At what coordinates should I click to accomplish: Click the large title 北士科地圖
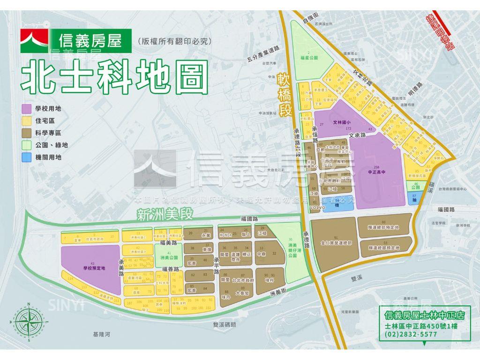click(115, 77)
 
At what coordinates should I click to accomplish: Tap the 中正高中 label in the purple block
click(376, 172)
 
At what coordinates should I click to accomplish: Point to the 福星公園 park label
click(308, 58)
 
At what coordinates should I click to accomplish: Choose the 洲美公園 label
click(169, 258)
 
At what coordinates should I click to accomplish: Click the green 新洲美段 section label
click(165, 215)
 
